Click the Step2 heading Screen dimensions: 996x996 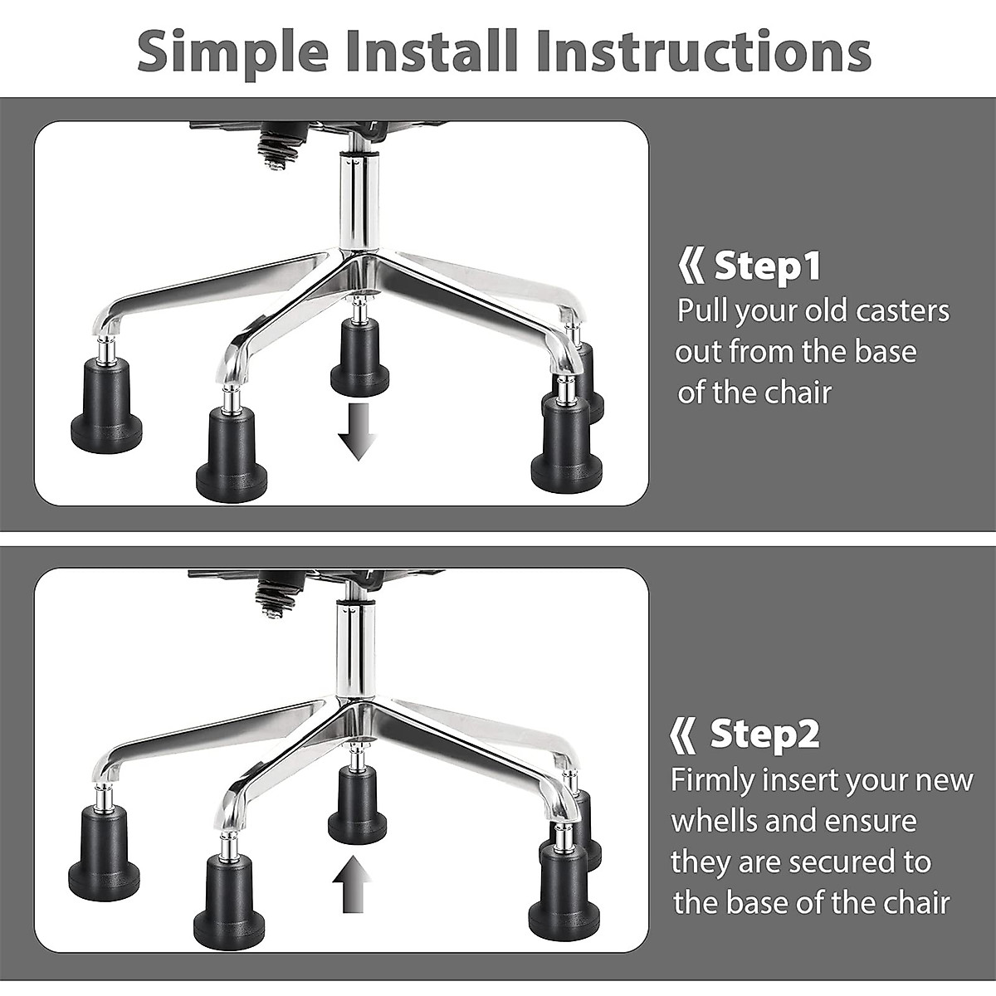(764, 734)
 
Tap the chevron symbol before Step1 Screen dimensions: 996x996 (690, 267)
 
